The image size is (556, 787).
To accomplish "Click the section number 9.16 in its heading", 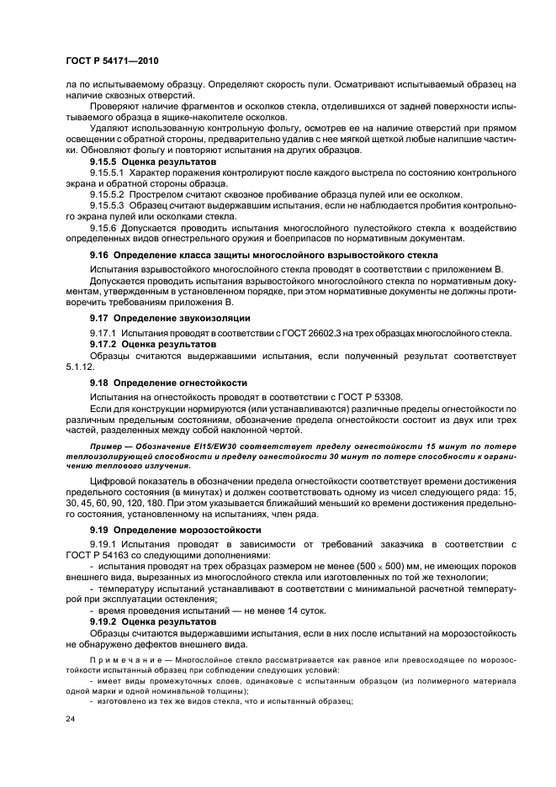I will (x=99, y=254).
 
